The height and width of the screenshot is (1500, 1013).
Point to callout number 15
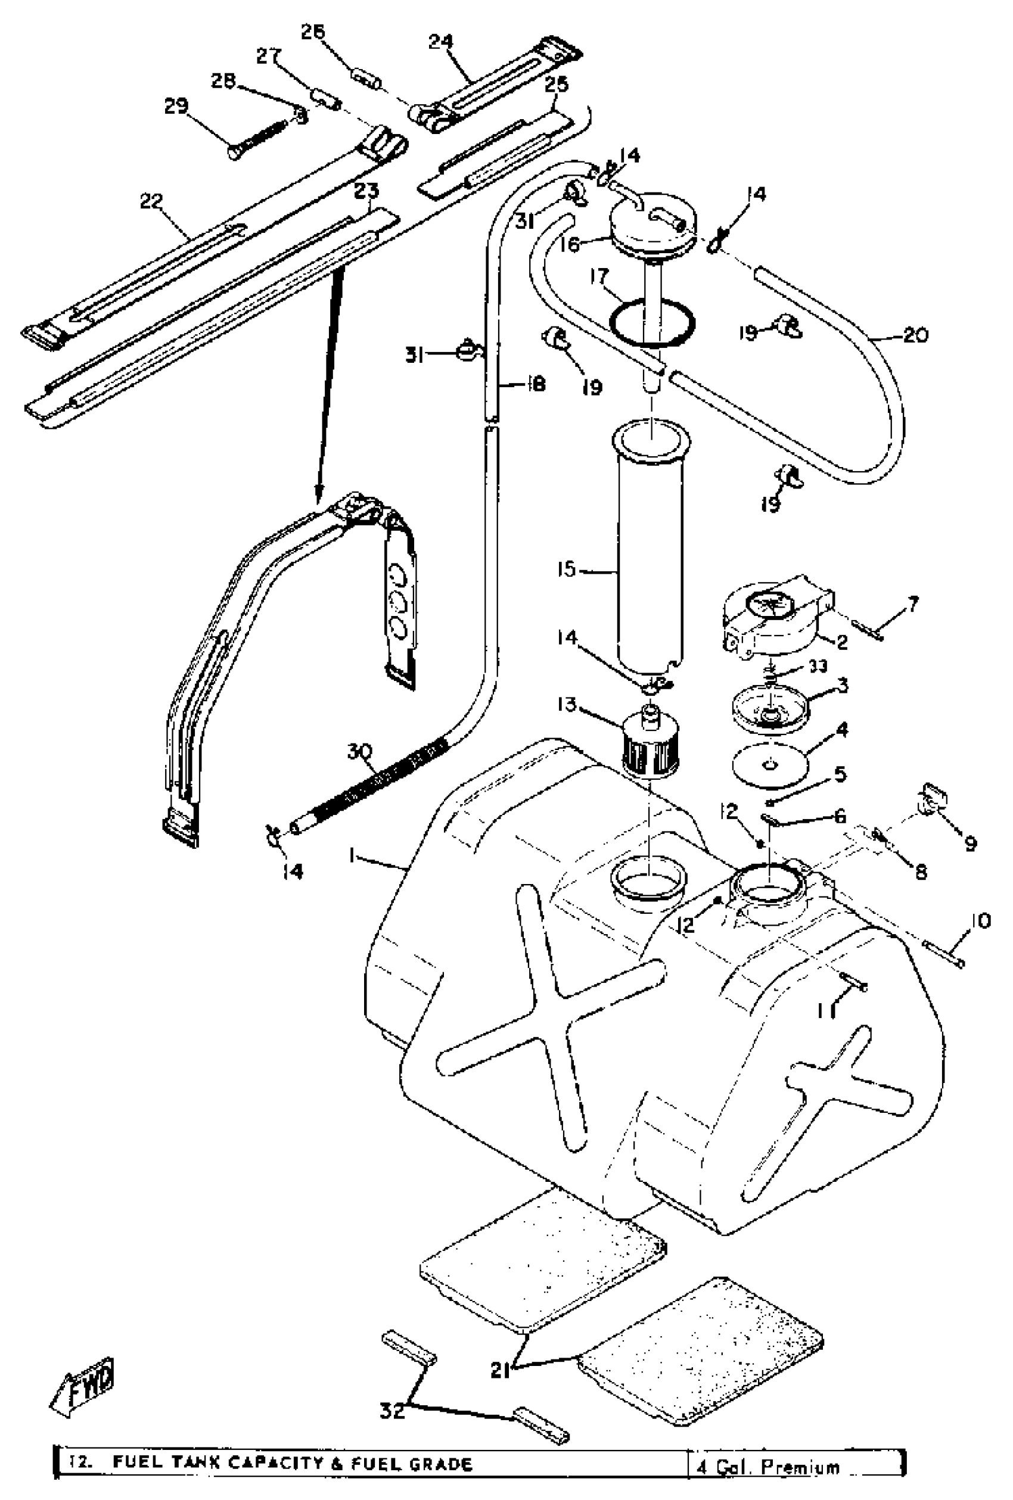[566, 570]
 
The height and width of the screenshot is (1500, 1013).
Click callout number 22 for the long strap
[152, 201]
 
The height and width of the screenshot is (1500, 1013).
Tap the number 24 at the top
[441, 42]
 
